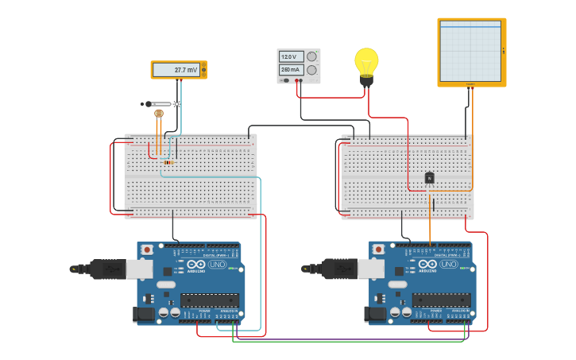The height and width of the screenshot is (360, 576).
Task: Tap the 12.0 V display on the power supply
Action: (290, 56)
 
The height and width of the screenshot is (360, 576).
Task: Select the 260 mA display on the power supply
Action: (290, 70)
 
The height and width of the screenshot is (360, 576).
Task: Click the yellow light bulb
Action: (366, 60)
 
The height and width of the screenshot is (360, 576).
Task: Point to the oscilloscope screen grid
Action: (470, 51)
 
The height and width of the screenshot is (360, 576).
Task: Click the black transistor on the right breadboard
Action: (429, 178)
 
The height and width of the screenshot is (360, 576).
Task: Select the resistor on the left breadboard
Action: (168, 162)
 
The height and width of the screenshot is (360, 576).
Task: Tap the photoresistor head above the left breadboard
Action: (158, 114)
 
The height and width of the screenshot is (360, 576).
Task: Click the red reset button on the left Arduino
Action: (146, 250)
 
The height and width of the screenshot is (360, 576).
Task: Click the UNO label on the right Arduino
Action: (449, 264)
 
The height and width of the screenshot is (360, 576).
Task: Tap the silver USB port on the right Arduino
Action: (371, 269)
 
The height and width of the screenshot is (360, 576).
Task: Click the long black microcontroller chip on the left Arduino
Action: (209, 300)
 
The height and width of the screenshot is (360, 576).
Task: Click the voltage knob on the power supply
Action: (312, 56)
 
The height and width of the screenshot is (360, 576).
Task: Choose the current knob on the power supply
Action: (312, 70)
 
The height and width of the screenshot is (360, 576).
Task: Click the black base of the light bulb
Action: (366, 79)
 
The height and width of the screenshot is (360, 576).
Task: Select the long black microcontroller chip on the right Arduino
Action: (441, 300)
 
